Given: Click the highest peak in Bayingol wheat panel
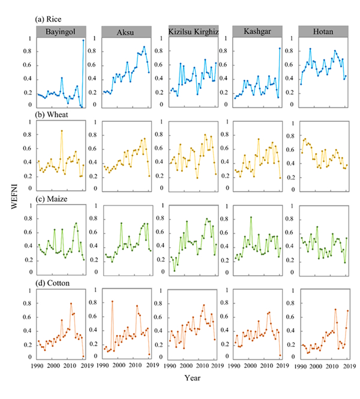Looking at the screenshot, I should point(61,131).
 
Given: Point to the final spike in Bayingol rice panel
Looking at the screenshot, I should point(83,40).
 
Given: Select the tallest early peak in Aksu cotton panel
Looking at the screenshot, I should point(112,301).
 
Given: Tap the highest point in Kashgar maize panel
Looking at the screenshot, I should point(251,217).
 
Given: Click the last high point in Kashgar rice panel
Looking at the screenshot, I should point(280,49).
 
